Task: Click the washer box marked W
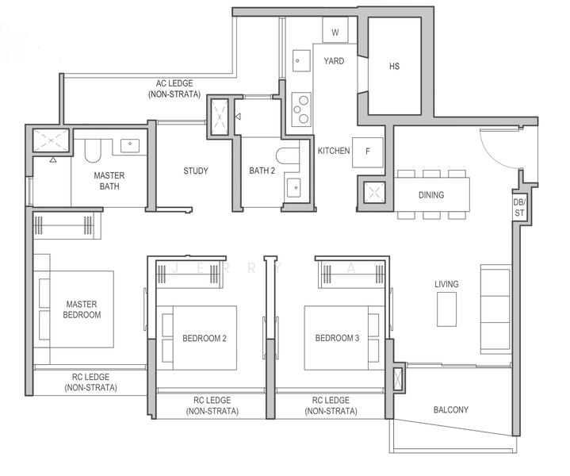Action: [335, 33]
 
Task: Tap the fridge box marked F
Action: [367, 151]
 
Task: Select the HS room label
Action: [394, 67]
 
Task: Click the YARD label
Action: [334, 61]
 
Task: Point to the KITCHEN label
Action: [334, 151]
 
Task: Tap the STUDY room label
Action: [196, 171]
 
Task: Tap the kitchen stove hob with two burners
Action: [301, 109]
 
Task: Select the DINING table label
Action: [431, 195]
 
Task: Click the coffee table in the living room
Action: [446, 309]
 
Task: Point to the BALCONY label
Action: [450, 410]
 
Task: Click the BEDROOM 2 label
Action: [205, 338]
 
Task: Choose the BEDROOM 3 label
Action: [337, 338]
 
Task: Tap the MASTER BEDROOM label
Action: [82, 309]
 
